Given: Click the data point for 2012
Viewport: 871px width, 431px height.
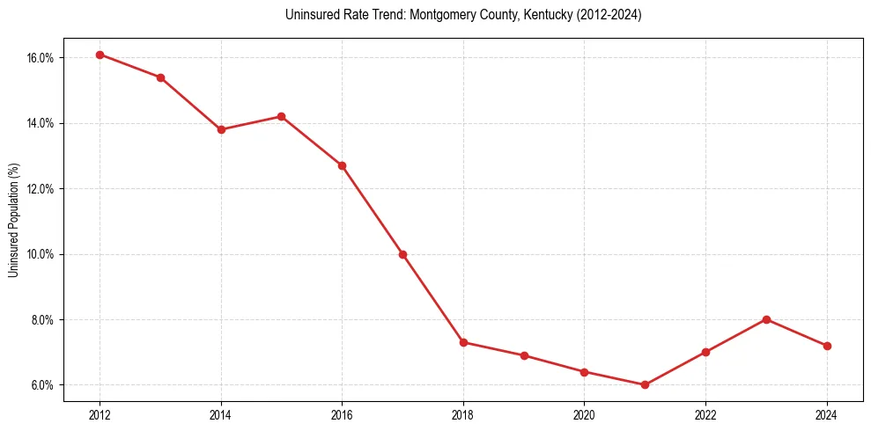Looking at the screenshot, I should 100,55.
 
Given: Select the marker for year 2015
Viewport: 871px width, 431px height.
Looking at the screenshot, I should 282,116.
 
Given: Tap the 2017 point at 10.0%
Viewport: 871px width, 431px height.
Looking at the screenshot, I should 402,254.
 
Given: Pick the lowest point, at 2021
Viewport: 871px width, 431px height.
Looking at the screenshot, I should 646,384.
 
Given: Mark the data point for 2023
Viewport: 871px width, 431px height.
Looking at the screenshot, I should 767,319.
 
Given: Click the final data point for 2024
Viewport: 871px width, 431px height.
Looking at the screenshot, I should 827,346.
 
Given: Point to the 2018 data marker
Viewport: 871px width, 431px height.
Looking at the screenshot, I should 463,342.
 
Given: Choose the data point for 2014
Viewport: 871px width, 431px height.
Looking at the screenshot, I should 221,129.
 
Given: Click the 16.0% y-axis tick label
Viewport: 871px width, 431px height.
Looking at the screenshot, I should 41,58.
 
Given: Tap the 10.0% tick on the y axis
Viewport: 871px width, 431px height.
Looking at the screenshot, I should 41,254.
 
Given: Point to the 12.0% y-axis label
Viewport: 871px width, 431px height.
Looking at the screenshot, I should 41,189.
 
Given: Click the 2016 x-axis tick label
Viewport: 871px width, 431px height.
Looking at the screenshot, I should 342,414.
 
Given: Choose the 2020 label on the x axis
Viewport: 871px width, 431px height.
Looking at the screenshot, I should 585,414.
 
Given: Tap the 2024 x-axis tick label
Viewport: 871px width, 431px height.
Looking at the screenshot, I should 827,414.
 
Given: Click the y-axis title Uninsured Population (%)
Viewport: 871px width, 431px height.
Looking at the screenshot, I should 14,220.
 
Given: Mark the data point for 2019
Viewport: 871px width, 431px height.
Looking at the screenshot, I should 524,355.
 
